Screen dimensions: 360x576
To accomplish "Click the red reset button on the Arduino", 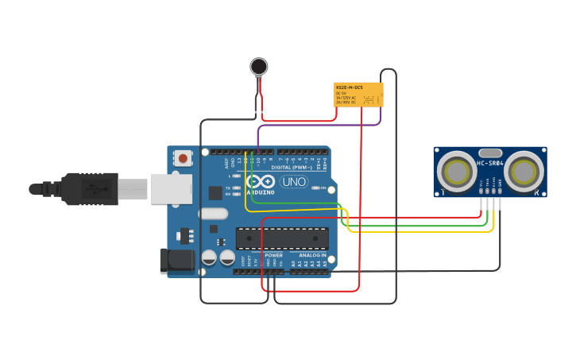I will click(x=184, y=158).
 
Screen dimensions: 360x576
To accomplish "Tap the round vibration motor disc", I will click(x=258, y=66).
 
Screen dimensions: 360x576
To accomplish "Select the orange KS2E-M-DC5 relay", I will click(x=358, y=94).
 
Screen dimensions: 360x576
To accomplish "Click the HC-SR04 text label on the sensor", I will click(x=491, y=164).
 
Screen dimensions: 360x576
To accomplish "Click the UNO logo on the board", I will click(x=294, y=181).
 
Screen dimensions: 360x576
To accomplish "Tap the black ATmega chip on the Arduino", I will click(x=282, y=238).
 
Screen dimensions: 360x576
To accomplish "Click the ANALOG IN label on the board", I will click(x=312, y=255).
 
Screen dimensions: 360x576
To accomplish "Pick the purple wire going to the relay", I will click(x=318, y=125).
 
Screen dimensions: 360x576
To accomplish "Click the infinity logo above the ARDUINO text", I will click(x=261, y=181).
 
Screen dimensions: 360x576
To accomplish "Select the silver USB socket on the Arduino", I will click(x=172, y=189).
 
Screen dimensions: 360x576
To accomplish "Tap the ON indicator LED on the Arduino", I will click(x=317, y=188).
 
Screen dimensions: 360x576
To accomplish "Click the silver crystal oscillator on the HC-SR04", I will click(x=490, y=152).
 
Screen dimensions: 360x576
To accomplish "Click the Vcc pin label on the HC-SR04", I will click(x=481, y=184).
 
